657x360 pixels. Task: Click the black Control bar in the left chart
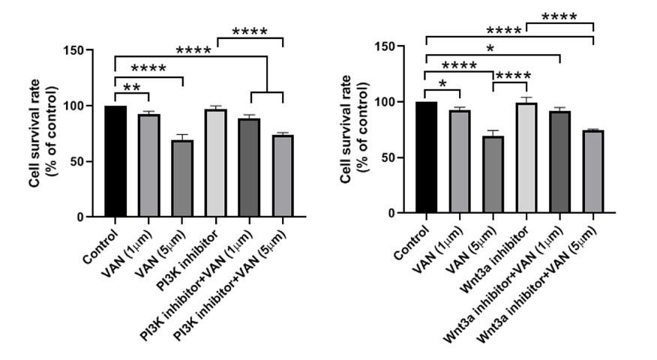pyautogui.click(x=115, y=161)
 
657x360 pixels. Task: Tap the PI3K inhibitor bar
pyautogui.click(x=216, y=163)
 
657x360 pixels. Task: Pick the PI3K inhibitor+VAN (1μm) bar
pyautogui.click(x=250, y=167)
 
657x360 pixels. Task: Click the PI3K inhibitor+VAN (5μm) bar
pyautogui.click(x=283, y=175)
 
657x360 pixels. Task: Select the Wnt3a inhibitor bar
pyautogui.click(x=526, y=158)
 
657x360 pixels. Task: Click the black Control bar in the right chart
pyautogui.click(x=426, y=157)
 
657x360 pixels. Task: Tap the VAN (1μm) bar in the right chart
pyautogui.click(x=459, y=162)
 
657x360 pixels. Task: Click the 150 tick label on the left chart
pyautogui.click(x=73, y=50)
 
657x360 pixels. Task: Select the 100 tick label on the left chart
pyautogui.click(x=73, y=106)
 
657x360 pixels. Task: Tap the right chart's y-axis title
pyautogui.click(x=354, y=132)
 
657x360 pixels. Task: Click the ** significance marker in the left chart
pyautogui.click(x=131, y=86)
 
